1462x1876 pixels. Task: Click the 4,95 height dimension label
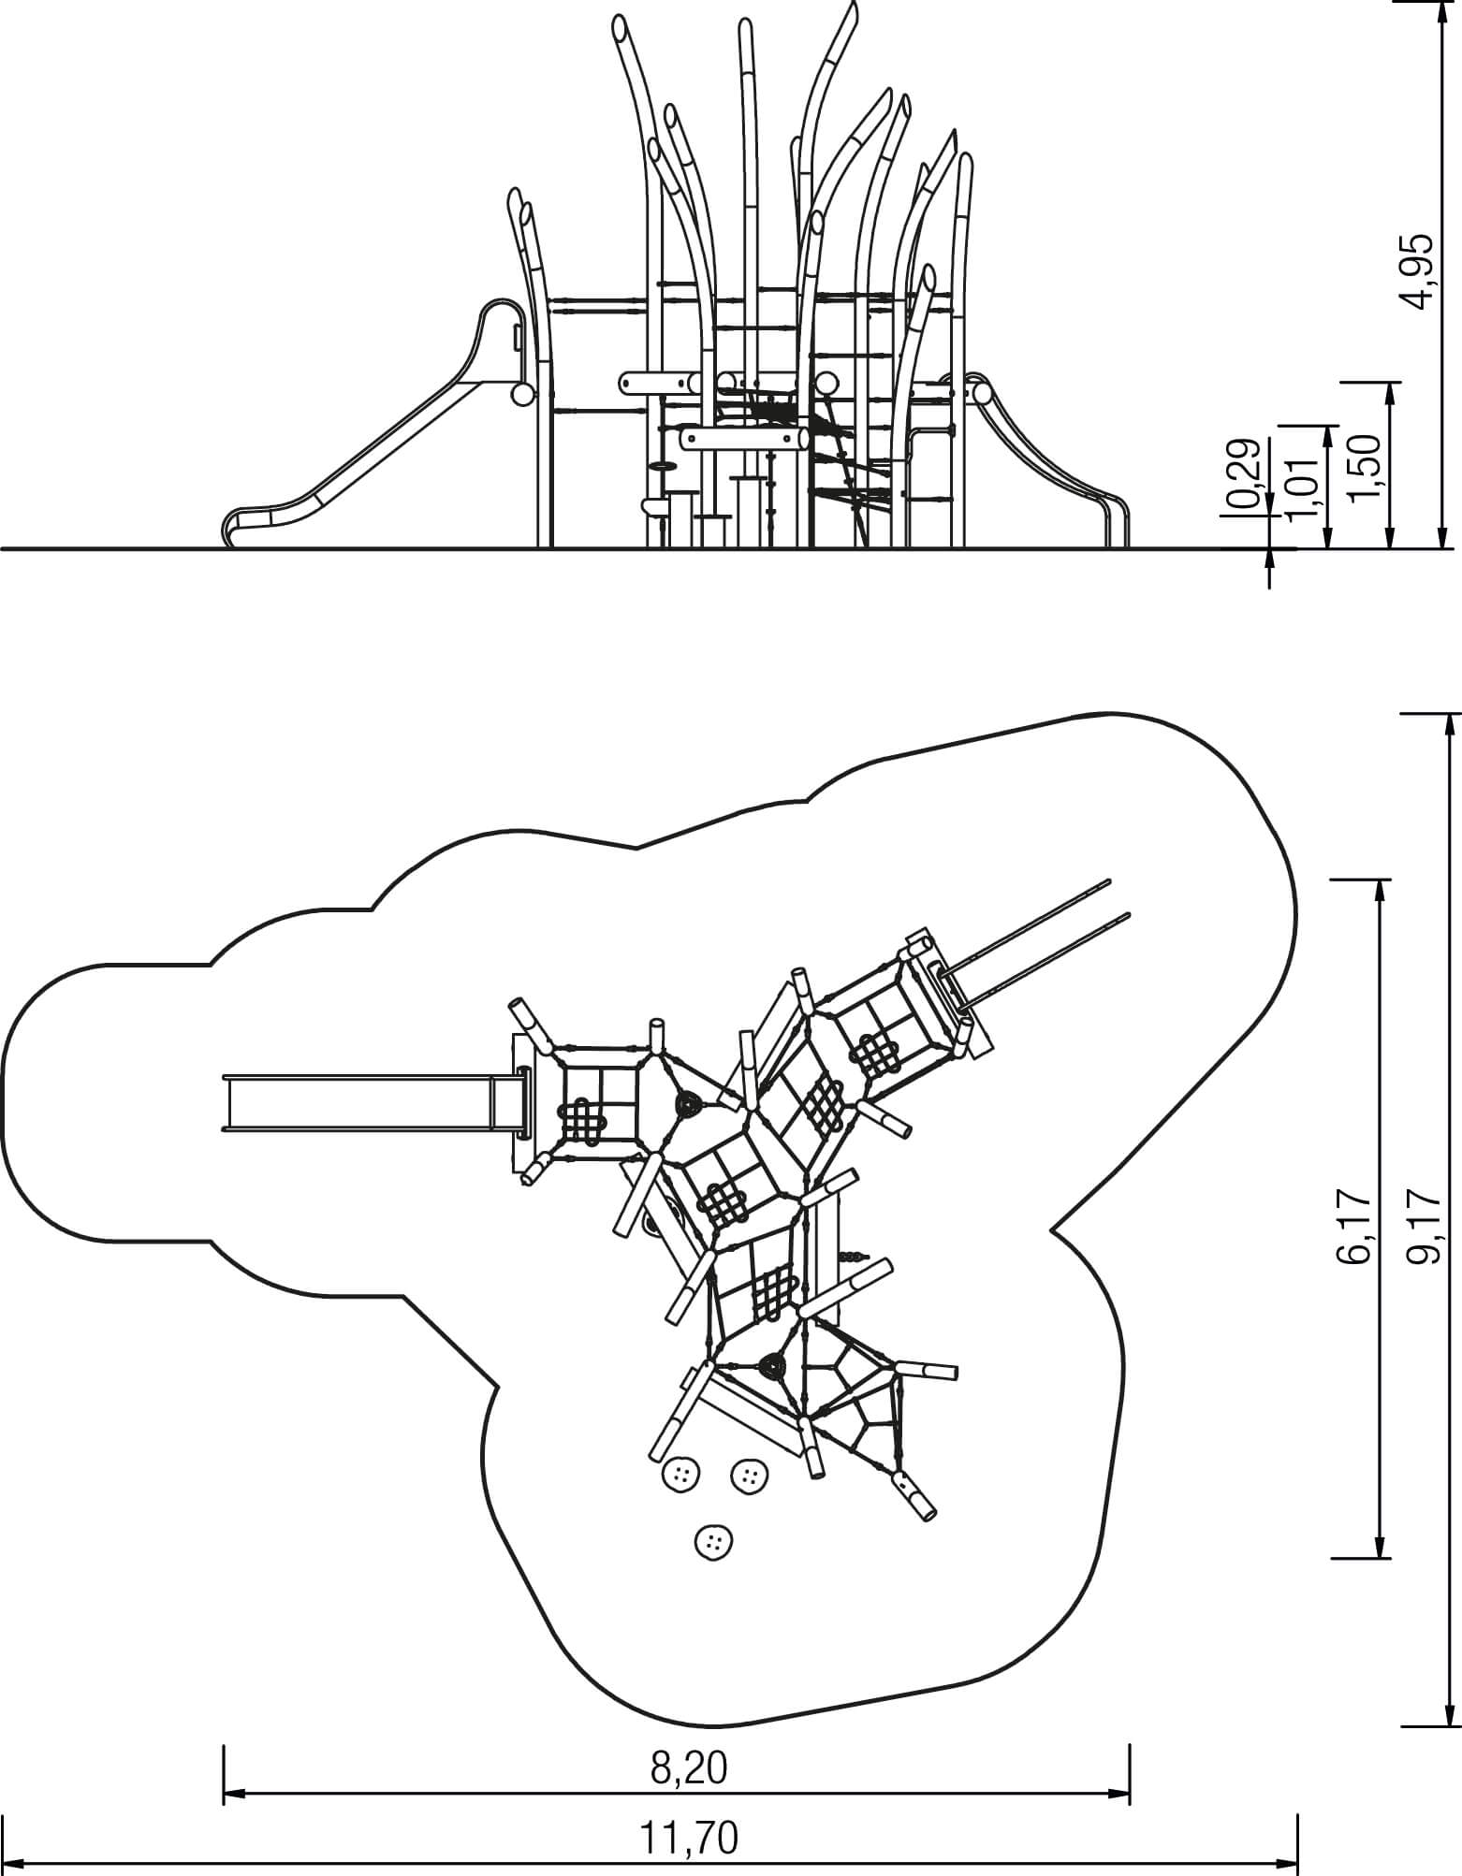(x=1419, y=271)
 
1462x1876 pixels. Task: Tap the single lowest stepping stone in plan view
(x=714, y=1541)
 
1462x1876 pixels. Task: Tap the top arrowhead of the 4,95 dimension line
(x=1441, y=7)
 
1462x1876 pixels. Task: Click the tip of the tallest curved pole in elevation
(x=854, y=7)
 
